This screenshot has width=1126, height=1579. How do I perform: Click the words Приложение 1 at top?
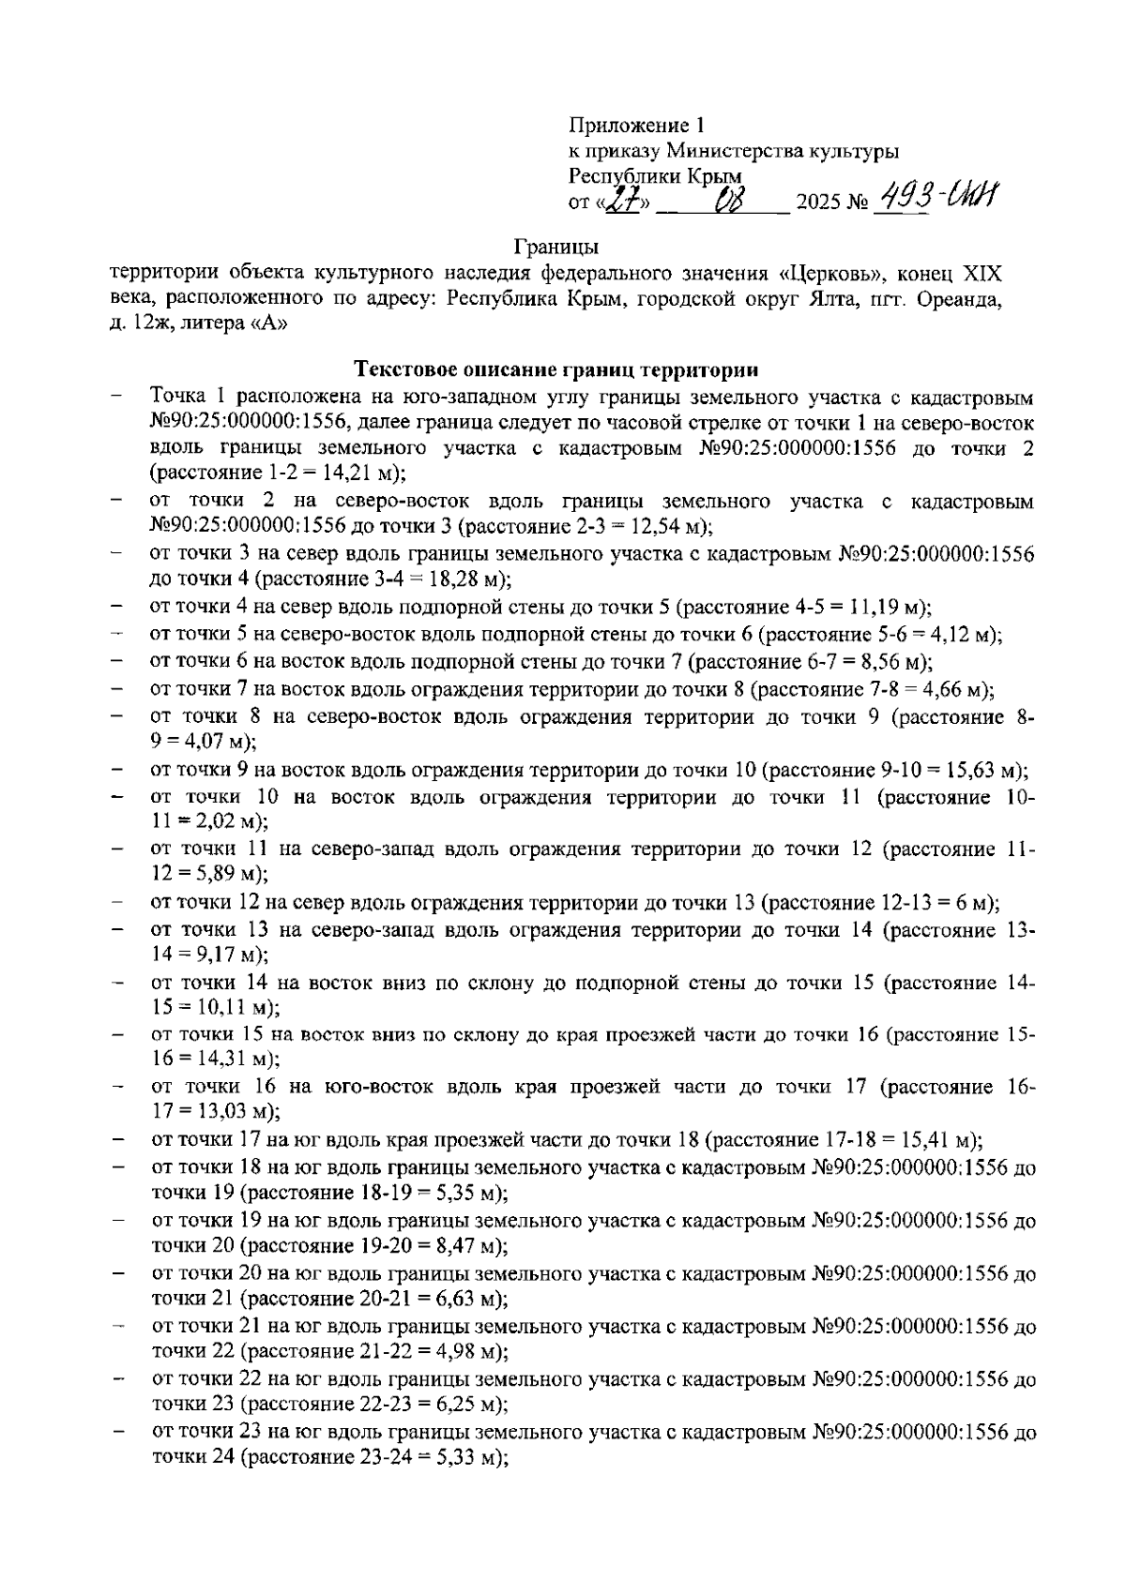(635, 126)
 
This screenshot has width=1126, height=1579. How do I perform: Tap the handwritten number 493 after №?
(902, 199)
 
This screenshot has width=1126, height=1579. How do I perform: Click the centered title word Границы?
(556, 248)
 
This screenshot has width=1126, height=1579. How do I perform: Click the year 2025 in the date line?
(815, 203)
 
